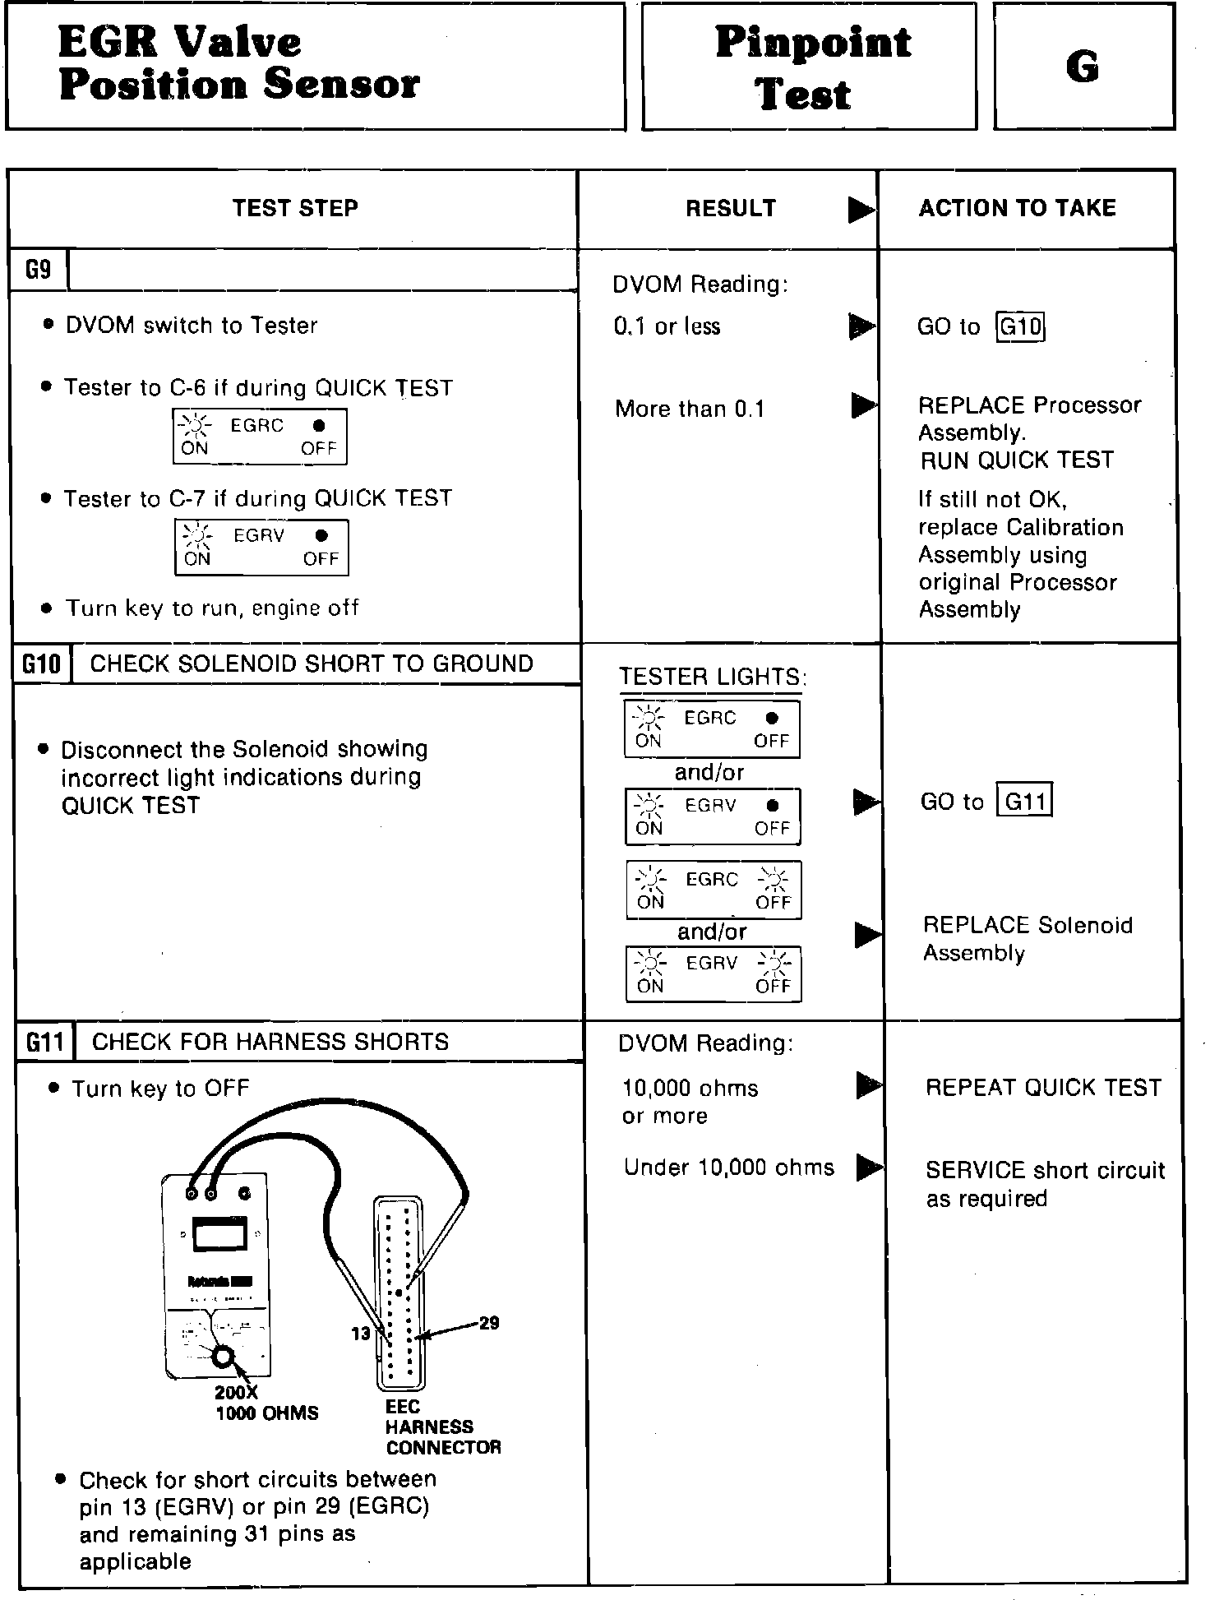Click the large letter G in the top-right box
[1083, 67]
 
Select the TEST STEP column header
[295, 208]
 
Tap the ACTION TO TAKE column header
[1017, 208]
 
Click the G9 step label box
[38, 270]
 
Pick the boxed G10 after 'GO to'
[1020, 327]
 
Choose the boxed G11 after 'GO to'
[1024, 801]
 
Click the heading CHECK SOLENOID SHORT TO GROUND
[312, 664]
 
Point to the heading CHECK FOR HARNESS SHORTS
[270, 1042]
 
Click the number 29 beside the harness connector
[489, 1323]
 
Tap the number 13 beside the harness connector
[361, 1334]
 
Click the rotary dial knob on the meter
[223, 1357]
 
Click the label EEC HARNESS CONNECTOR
[442, 1427]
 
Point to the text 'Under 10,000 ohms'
[728, 1168]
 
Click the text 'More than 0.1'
[690, 409]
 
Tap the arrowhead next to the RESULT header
[861, 210]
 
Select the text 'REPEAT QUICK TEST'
[1043, 1087]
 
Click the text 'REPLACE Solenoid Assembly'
[1028, 939]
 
